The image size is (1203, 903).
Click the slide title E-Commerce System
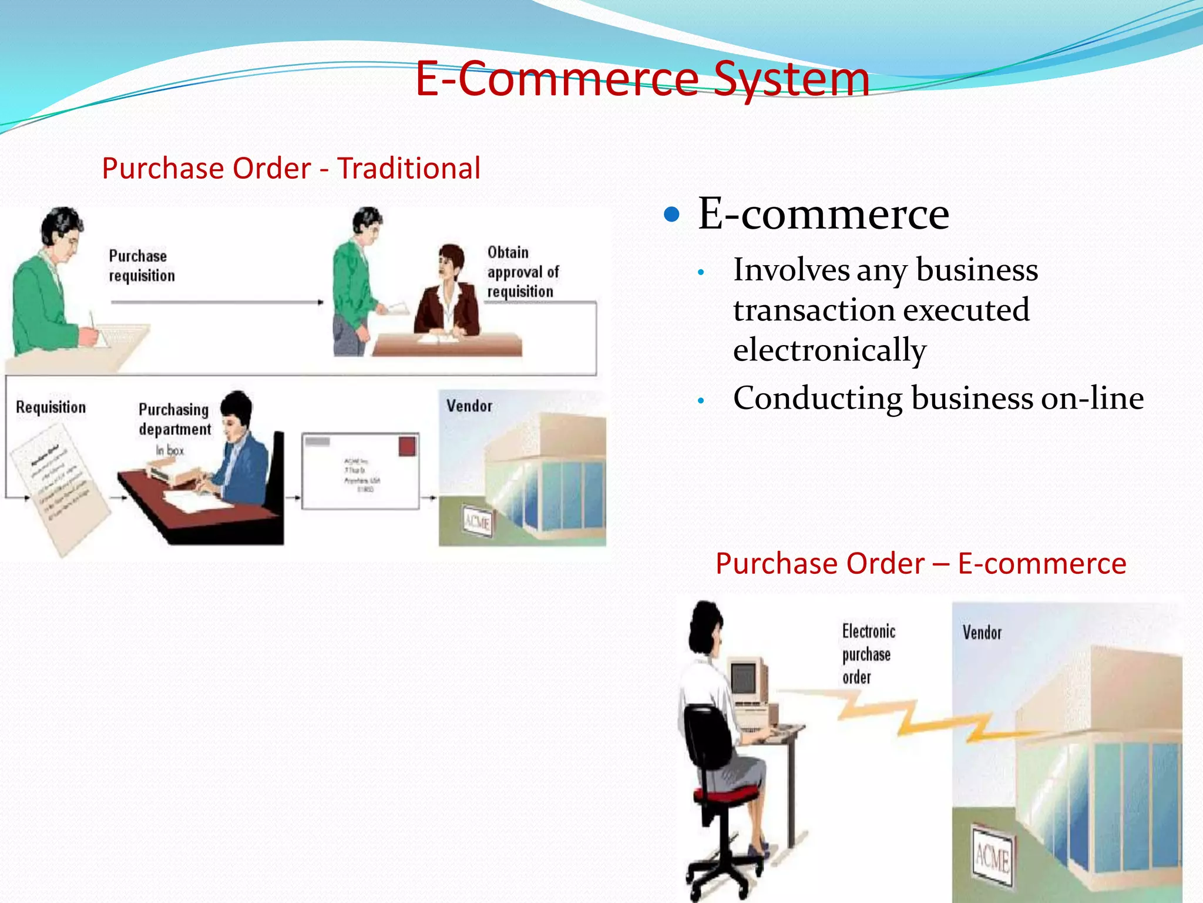click(x=642, y=79)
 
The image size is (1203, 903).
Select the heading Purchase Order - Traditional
click(x=291, y=169)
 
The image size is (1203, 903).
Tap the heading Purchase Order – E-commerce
click(x=920, y=563)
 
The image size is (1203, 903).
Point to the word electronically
click(x=829, y=350)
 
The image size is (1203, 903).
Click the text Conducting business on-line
click(x=938, y=398)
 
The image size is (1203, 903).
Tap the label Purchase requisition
click(x=142, y=266)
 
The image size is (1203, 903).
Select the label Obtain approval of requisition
click(x=522, y=272)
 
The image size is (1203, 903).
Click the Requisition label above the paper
click(x=51, y=407)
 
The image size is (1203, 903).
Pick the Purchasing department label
click(x=174, y=419)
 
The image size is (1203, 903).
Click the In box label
click(x=170, y=450)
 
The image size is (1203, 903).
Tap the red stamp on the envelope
click(x=407, y=446)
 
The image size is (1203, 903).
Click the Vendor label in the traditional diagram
click(x=469, y=406)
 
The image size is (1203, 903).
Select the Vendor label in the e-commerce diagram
click(x=982, y=633)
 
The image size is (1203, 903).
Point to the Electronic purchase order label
click(x=868, y=654)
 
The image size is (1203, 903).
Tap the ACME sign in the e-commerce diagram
click(x=992, y=857)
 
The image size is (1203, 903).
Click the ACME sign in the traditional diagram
click(x=476, y=520)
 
